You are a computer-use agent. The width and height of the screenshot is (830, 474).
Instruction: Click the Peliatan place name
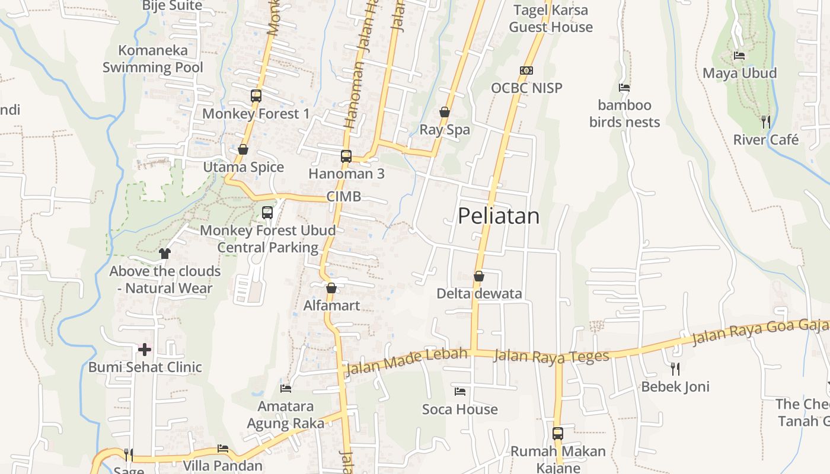pos(499,216)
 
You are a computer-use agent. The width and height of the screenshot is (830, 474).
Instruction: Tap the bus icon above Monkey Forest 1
pos(256,95)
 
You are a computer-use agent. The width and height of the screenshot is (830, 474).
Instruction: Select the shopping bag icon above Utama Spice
pos(242,149)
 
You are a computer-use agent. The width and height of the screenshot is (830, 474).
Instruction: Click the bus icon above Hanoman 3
pos(346,156)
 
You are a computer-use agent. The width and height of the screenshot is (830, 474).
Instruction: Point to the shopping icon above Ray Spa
pos(445,112)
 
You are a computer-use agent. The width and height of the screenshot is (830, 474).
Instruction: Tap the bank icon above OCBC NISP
pos(526,71)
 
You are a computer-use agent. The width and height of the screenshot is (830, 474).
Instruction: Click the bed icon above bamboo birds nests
pos(624,88)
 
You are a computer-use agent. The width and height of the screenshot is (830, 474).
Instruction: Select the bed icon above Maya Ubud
pos(739,56)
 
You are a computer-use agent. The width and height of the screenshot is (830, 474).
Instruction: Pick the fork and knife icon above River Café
pos(766,122)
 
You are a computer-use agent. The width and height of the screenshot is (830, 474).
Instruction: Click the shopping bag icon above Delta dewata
pos(479,276)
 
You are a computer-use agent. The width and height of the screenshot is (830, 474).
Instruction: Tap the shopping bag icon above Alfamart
pos(331,288)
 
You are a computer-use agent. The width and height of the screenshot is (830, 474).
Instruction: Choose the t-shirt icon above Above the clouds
pos(164,254)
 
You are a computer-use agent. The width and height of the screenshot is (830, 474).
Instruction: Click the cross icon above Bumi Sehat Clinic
pos(145,350)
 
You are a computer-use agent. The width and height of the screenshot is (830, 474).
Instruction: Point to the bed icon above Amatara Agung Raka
pos(286,389)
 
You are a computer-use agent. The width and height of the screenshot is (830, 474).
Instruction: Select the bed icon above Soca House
pos(459,392)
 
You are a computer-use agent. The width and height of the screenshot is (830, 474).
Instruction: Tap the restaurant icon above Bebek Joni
pos(675,369)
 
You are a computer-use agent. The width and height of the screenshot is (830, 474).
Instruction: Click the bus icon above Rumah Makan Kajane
pos(558,433)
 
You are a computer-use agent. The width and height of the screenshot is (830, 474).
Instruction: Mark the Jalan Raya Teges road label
pos(551,356)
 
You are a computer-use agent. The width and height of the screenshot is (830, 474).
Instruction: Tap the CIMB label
pos(343,197)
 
